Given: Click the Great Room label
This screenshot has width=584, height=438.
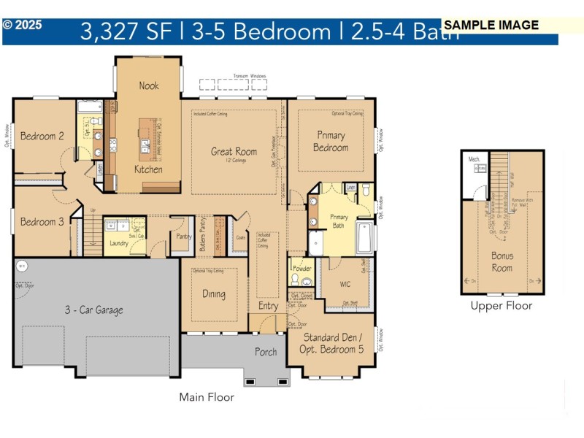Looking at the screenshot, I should click(x=234, y=152).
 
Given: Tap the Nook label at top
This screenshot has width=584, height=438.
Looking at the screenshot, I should click(x=149, y=85).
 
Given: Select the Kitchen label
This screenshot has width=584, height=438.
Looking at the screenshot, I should click(x=148, y=169).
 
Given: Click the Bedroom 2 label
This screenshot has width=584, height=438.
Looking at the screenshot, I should click(x=42, y=136).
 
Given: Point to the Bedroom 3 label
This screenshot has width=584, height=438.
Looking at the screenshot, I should click(x=42, y=222).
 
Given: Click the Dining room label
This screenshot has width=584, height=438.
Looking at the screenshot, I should click(x=214, y=295).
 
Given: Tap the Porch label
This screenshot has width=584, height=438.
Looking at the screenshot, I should click(x=266, y=352).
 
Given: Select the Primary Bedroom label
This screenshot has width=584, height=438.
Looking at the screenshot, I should click(x=331, y=142).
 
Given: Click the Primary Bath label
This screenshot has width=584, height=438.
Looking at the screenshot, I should click(x=339, y=221).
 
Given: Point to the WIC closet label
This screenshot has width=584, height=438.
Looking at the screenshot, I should click(x=346, y=284).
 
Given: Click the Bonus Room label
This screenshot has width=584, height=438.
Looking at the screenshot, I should click(x=502, y=262).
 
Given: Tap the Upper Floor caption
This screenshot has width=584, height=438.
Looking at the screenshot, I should click(x=502, y=306).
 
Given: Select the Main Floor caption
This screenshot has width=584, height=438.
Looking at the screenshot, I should click(x=207, y=397).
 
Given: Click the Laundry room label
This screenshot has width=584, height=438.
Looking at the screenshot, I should click(x=118, y=243).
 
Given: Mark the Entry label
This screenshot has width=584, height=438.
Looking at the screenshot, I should click(x=268, y=306).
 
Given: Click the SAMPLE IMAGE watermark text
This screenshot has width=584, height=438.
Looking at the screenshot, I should click(x=491, y=25).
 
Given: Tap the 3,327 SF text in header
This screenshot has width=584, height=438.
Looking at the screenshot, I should click(x=125, y=32).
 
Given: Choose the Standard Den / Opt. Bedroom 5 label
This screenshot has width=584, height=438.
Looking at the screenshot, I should click(x=331, y=344).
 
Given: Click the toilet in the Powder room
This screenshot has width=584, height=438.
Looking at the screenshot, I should click(x=296, y=280).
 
